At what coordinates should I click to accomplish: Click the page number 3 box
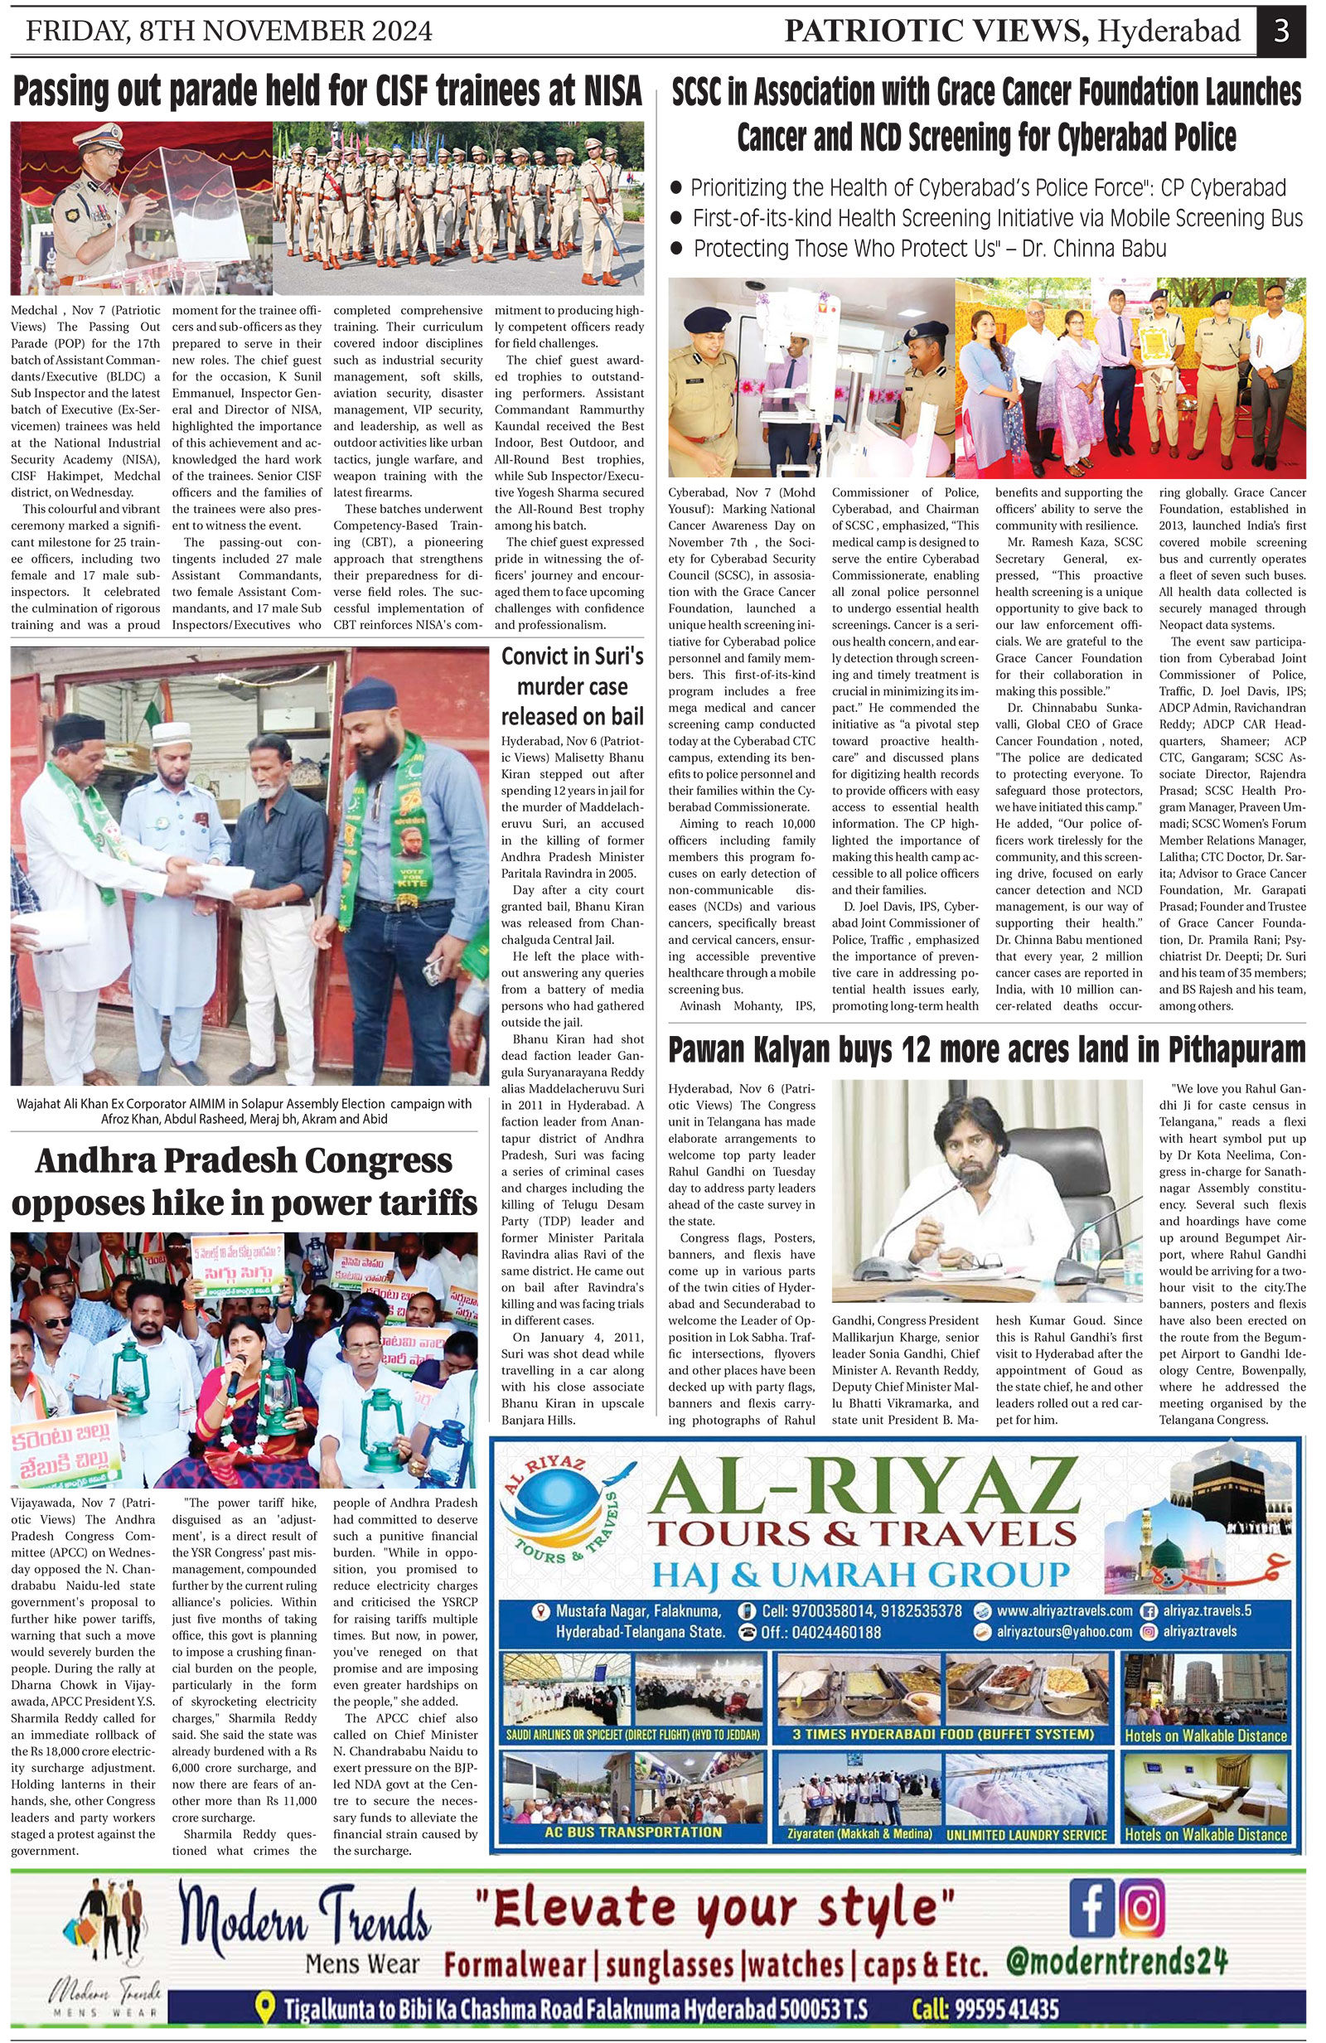(x=1281, y=31)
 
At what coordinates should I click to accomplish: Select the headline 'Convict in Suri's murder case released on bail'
(x=573, y=687)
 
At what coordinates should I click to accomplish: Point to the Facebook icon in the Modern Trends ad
(x=1091, y=1907)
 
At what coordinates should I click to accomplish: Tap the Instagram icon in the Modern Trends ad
(x=1141, y=1907)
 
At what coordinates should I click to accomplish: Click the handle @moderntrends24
(x=1115, y=1963)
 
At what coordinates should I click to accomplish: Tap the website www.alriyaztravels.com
(x=1063, y=1611)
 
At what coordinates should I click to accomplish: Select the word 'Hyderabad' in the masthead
(x=1169, y=31)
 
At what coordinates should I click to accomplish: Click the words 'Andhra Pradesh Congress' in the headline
(x=244, y=1160)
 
